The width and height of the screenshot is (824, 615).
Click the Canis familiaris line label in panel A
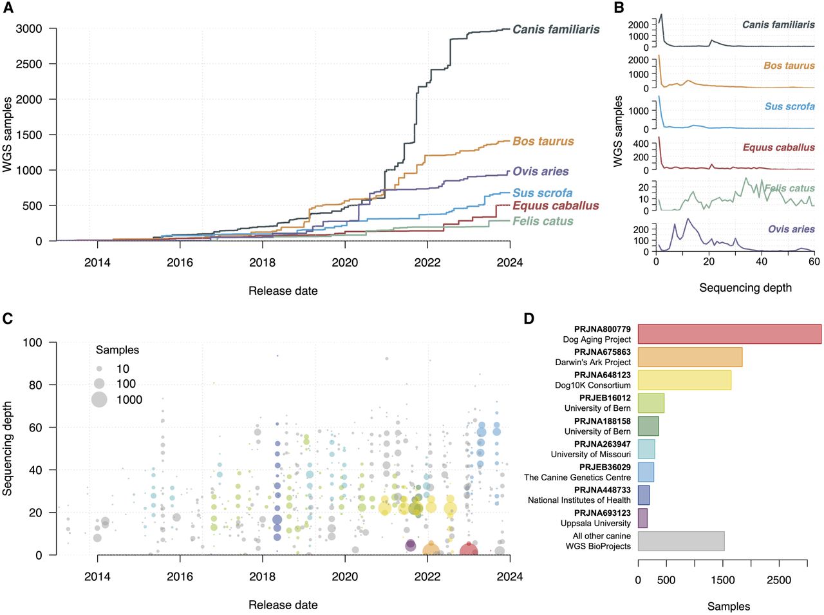(x=556, y=30)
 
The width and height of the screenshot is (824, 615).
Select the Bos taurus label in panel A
(x=543, y=142)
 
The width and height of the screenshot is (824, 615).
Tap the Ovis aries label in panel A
(x=540, y=172)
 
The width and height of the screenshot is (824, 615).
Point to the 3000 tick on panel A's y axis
(x=29, y=29)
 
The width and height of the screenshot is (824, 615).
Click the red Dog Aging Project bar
(x=729, y=334)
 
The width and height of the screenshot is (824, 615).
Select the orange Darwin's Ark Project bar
(x=689, y=357)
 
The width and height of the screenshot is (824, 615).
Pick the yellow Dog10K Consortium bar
(x=684, y=380)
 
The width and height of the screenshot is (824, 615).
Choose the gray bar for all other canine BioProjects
(x=681, y=541)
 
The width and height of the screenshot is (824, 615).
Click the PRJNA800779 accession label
(x=602, y=329)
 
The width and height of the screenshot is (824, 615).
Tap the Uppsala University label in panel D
(x=595, y=524)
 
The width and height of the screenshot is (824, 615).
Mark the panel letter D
(x=529, y=318)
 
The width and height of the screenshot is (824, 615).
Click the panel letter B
(x=619, y=8)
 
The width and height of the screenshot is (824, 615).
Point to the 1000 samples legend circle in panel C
(x=99, y=399)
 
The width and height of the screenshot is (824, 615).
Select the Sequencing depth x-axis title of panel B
(x=745, y=288)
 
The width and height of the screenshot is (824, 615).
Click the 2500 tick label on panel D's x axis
(x=778, y=580)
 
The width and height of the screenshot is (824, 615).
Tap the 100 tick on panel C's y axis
(x=32, y=343)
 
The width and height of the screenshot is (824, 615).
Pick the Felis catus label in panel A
(x=543, y=222)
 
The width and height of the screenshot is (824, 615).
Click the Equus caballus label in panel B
(x=778, y=147)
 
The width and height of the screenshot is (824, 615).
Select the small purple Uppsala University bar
(x=642, y=518)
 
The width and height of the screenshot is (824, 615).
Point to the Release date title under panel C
(x=283, y=605)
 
